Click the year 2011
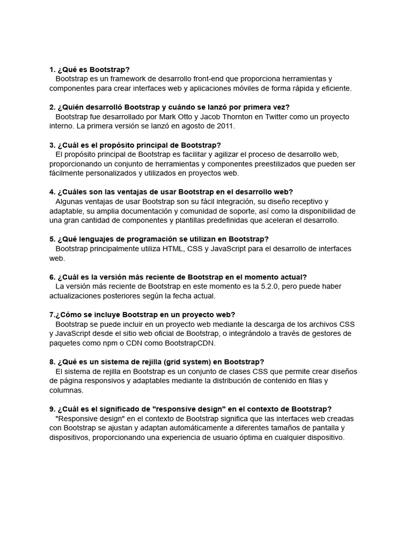pos(225,126)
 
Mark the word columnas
pos(66,390)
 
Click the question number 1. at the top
pos(52,69)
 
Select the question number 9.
pos(52,409)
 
